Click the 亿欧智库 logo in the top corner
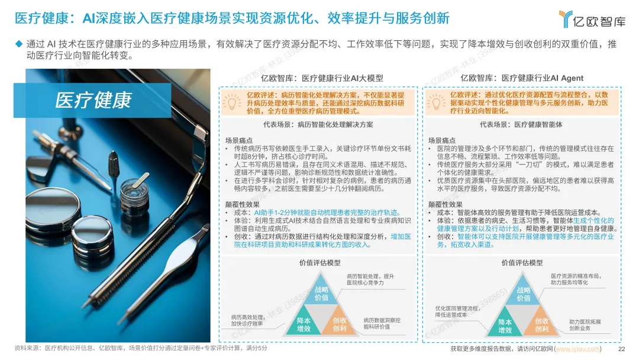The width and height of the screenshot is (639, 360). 592,19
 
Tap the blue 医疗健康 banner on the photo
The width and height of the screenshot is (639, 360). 92,100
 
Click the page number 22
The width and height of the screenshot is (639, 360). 621,349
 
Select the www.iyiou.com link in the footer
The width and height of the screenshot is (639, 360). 578,349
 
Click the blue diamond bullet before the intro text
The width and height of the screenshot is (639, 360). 19,44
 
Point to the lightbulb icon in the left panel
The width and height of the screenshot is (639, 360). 231,102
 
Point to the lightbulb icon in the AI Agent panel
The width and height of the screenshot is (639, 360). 435,102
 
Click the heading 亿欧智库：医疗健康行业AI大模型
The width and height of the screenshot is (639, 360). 322,78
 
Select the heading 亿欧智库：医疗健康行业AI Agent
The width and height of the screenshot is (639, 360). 522,78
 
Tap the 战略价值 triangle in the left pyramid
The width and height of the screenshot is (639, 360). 321,292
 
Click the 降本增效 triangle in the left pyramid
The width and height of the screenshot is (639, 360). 304,324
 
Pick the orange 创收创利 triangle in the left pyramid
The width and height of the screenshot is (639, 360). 339,324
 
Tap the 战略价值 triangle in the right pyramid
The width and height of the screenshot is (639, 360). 523,292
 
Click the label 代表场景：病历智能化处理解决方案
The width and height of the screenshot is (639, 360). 318,124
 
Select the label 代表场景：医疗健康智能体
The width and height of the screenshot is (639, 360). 521,124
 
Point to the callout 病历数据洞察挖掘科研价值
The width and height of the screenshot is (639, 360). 382,323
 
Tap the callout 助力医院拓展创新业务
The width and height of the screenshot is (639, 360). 585,324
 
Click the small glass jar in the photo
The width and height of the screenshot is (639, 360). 135,195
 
